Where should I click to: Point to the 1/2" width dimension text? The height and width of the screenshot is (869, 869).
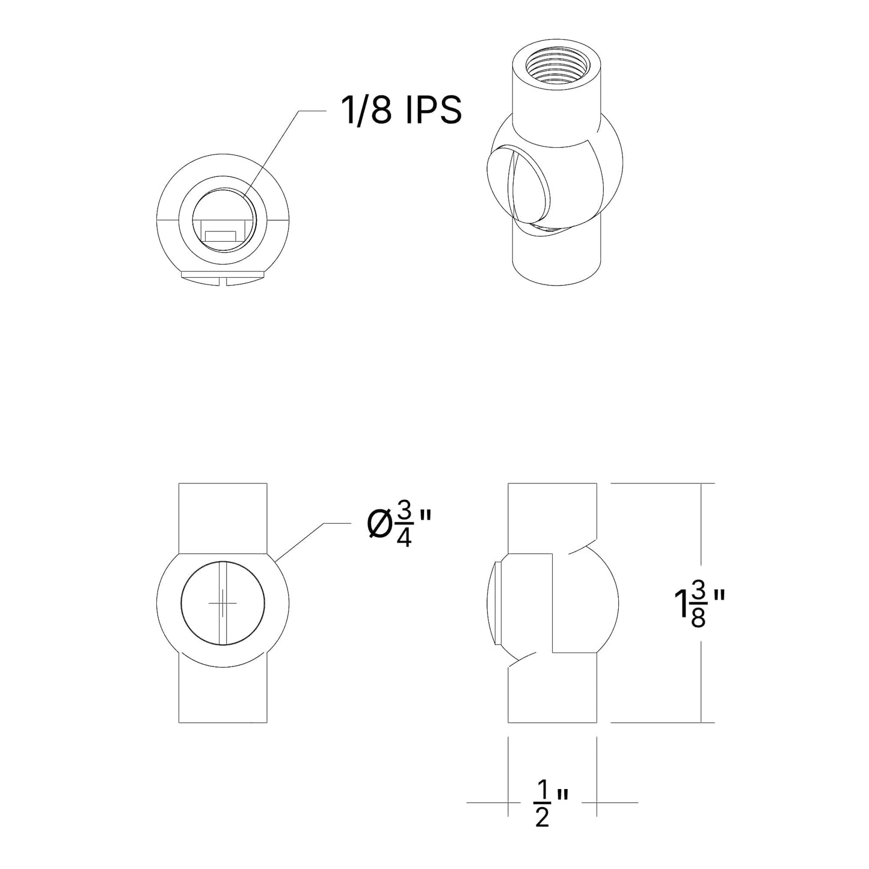(x=550, y=803)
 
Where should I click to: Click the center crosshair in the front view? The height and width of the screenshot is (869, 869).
(x=223, y=603)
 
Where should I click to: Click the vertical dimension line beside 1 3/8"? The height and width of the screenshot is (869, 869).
(x=701, y=541)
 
